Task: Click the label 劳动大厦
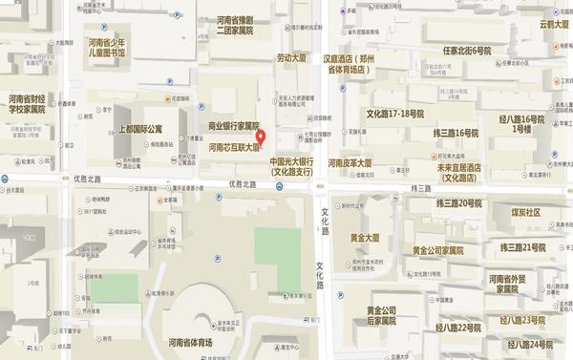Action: pos(291,58)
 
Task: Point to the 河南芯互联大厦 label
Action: pos(235,149)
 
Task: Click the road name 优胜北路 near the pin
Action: pos(244,183)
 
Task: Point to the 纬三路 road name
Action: pos(420,188)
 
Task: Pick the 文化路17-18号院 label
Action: pos(393,114)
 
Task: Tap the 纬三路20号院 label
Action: pos(458,203)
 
